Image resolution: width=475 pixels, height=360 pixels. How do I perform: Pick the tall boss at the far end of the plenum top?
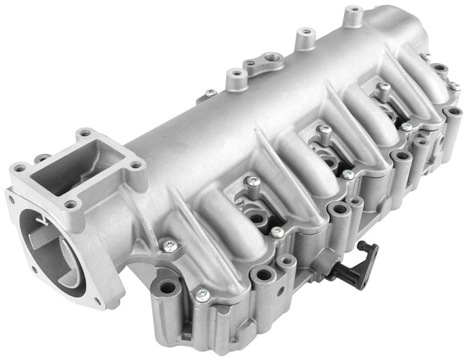[353, 15]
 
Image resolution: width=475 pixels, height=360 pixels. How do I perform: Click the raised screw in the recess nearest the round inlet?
[253, 181]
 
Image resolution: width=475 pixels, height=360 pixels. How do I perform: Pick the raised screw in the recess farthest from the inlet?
[385, 87]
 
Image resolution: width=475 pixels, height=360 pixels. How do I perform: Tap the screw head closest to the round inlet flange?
[169, 245]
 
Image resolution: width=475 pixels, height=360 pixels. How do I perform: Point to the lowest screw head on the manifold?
[201, 294]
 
